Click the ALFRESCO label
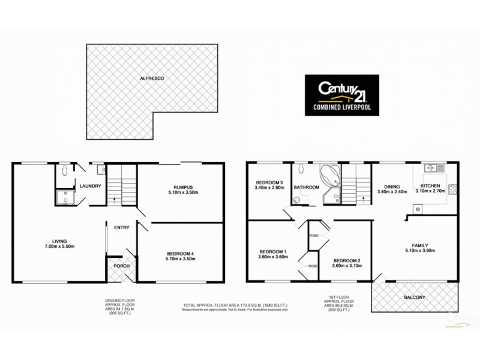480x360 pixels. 152,79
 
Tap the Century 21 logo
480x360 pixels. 341,94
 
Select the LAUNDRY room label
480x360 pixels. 90,186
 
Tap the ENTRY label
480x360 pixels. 122,227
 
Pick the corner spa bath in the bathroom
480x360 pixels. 329,175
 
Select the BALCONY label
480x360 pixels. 414,298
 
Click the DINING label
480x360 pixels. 389,186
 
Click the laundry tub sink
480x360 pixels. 101,170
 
